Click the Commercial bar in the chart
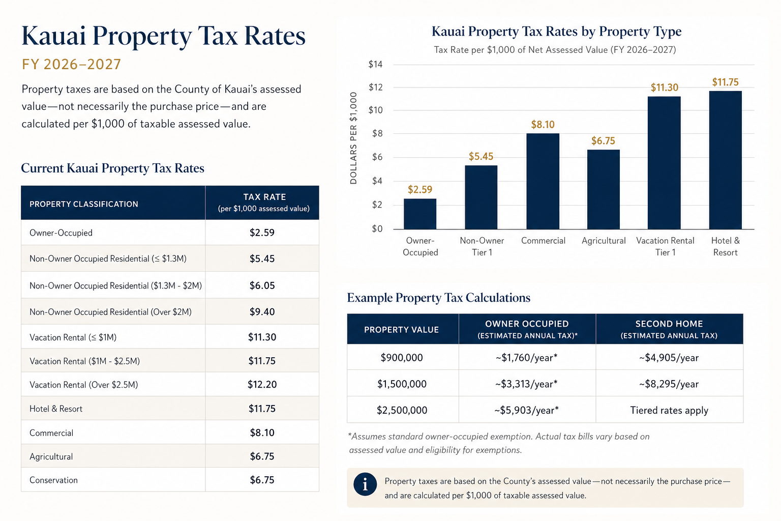(x=543, y=181)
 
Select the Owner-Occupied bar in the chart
(x=420, y=214)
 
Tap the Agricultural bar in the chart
(x=603, y=189)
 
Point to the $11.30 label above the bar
(x=664, y=87)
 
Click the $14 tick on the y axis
(x=375, y=64)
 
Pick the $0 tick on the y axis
(x=377, y=228)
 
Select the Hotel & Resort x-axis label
(x=725, y=246)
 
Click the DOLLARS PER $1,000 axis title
(x=353, y=138)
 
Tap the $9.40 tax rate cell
(x=262, y=311)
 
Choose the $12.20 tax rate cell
(x=262, y=384)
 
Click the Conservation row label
(x=53, y=480)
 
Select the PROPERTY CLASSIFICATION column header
(x=84, y=204)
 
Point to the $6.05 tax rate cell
(x=262, y=285)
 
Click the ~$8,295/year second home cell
(x=669, y=384)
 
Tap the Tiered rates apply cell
(x=669, y=410)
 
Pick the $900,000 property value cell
(x=402, y=357)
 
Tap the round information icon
(x=365, y=484)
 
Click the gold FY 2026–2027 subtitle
(x=71, y=64)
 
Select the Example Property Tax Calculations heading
(x=439, y=297)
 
